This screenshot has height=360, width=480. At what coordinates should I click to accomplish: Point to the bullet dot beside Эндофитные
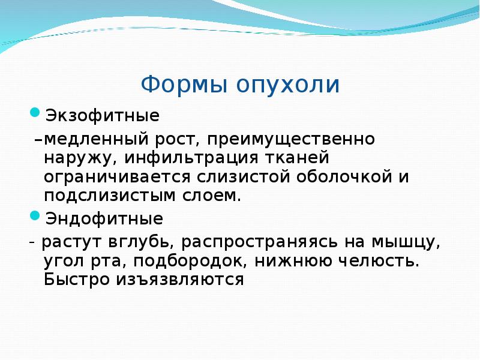[35, 214]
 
